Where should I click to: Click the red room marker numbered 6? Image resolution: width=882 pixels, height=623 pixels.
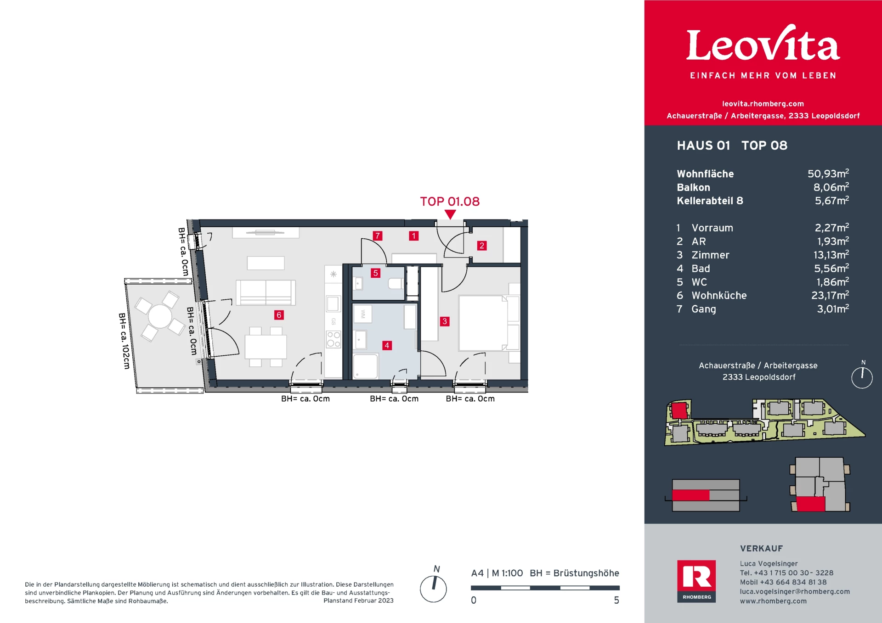(279, 315)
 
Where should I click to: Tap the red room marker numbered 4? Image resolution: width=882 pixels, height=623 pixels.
(387, 345)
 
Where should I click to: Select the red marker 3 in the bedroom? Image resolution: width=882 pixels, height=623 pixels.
(445, 321)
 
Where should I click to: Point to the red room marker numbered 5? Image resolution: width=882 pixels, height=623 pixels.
(376, 273)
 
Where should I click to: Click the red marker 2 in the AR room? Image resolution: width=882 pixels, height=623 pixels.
(482, 246)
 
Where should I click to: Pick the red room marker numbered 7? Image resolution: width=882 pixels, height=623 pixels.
(378, 236)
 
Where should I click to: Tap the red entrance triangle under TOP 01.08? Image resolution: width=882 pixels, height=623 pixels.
(451, 214)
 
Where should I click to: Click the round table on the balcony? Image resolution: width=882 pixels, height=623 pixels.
(160, 316)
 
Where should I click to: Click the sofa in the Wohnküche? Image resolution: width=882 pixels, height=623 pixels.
(266, 292)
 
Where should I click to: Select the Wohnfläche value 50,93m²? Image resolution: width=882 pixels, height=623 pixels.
(828, 174)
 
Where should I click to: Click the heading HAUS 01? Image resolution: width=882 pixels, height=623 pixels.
(703, 146)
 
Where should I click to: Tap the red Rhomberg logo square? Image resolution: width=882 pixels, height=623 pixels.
(696, 581)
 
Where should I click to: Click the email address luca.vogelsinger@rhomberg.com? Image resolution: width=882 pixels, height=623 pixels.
(795, 591)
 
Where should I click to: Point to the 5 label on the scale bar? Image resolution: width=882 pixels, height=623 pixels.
(616, 600)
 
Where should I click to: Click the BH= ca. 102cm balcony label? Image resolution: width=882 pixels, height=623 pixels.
(124, 341)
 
